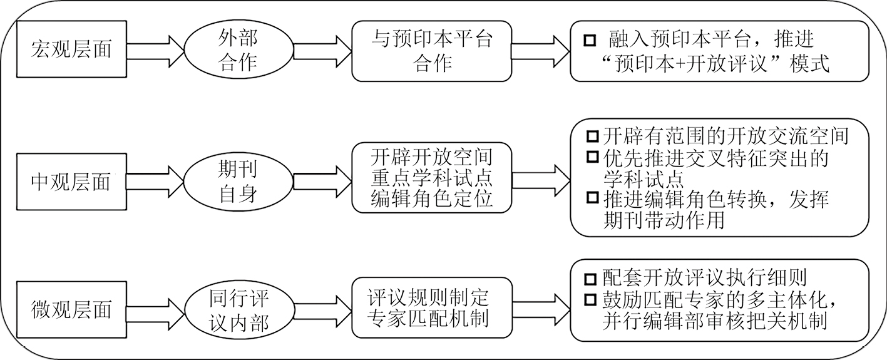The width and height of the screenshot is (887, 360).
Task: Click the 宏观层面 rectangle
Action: pos(71,49)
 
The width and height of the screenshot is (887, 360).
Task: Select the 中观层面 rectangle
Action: pos(71,182)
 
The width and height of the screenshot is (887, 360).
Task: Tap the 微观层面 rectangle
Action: pos(71,309)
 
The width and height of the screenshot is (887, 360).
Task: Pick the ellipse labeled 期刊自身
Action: pos(238,182)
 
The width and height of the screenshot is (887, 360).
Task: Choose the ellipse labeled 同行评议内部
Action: pos(238,309)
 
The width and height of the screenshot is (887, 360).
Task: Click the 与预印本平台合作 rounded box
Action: pos(432,51)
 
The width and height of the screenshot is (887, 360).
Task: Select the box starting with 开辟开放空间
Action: pos(432,177)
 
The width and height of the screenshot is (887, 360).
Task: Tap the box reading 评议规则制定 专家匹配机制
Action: pos(432,308)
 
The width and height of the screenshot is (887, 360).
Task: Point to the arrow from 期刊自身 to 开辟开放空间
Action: pos(323,182)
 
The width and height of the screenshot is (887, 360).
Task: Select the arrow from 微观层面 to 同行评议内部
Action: pos(156,313)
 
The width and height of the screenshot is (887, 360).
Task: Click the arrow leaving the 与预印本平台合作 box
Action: pos(541,51)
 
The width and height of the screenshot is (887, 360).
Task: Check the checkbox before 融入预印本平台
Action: pos(590,41)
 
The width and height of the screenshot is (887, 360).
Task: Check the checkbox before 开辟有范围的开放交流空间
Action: pos(592,136)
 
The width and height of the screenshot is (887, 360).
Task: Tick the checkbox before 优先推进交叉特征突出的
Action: pos(592,157)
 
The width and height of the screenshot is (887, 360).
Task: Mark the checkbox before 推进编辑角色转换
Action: pos(592,197)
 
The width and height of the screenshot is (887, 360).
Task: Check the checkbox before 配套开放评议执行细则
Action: pos(590,279)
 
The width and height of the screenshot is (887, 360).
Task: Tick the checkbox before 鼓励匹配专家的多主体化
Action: pos(590,300)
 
